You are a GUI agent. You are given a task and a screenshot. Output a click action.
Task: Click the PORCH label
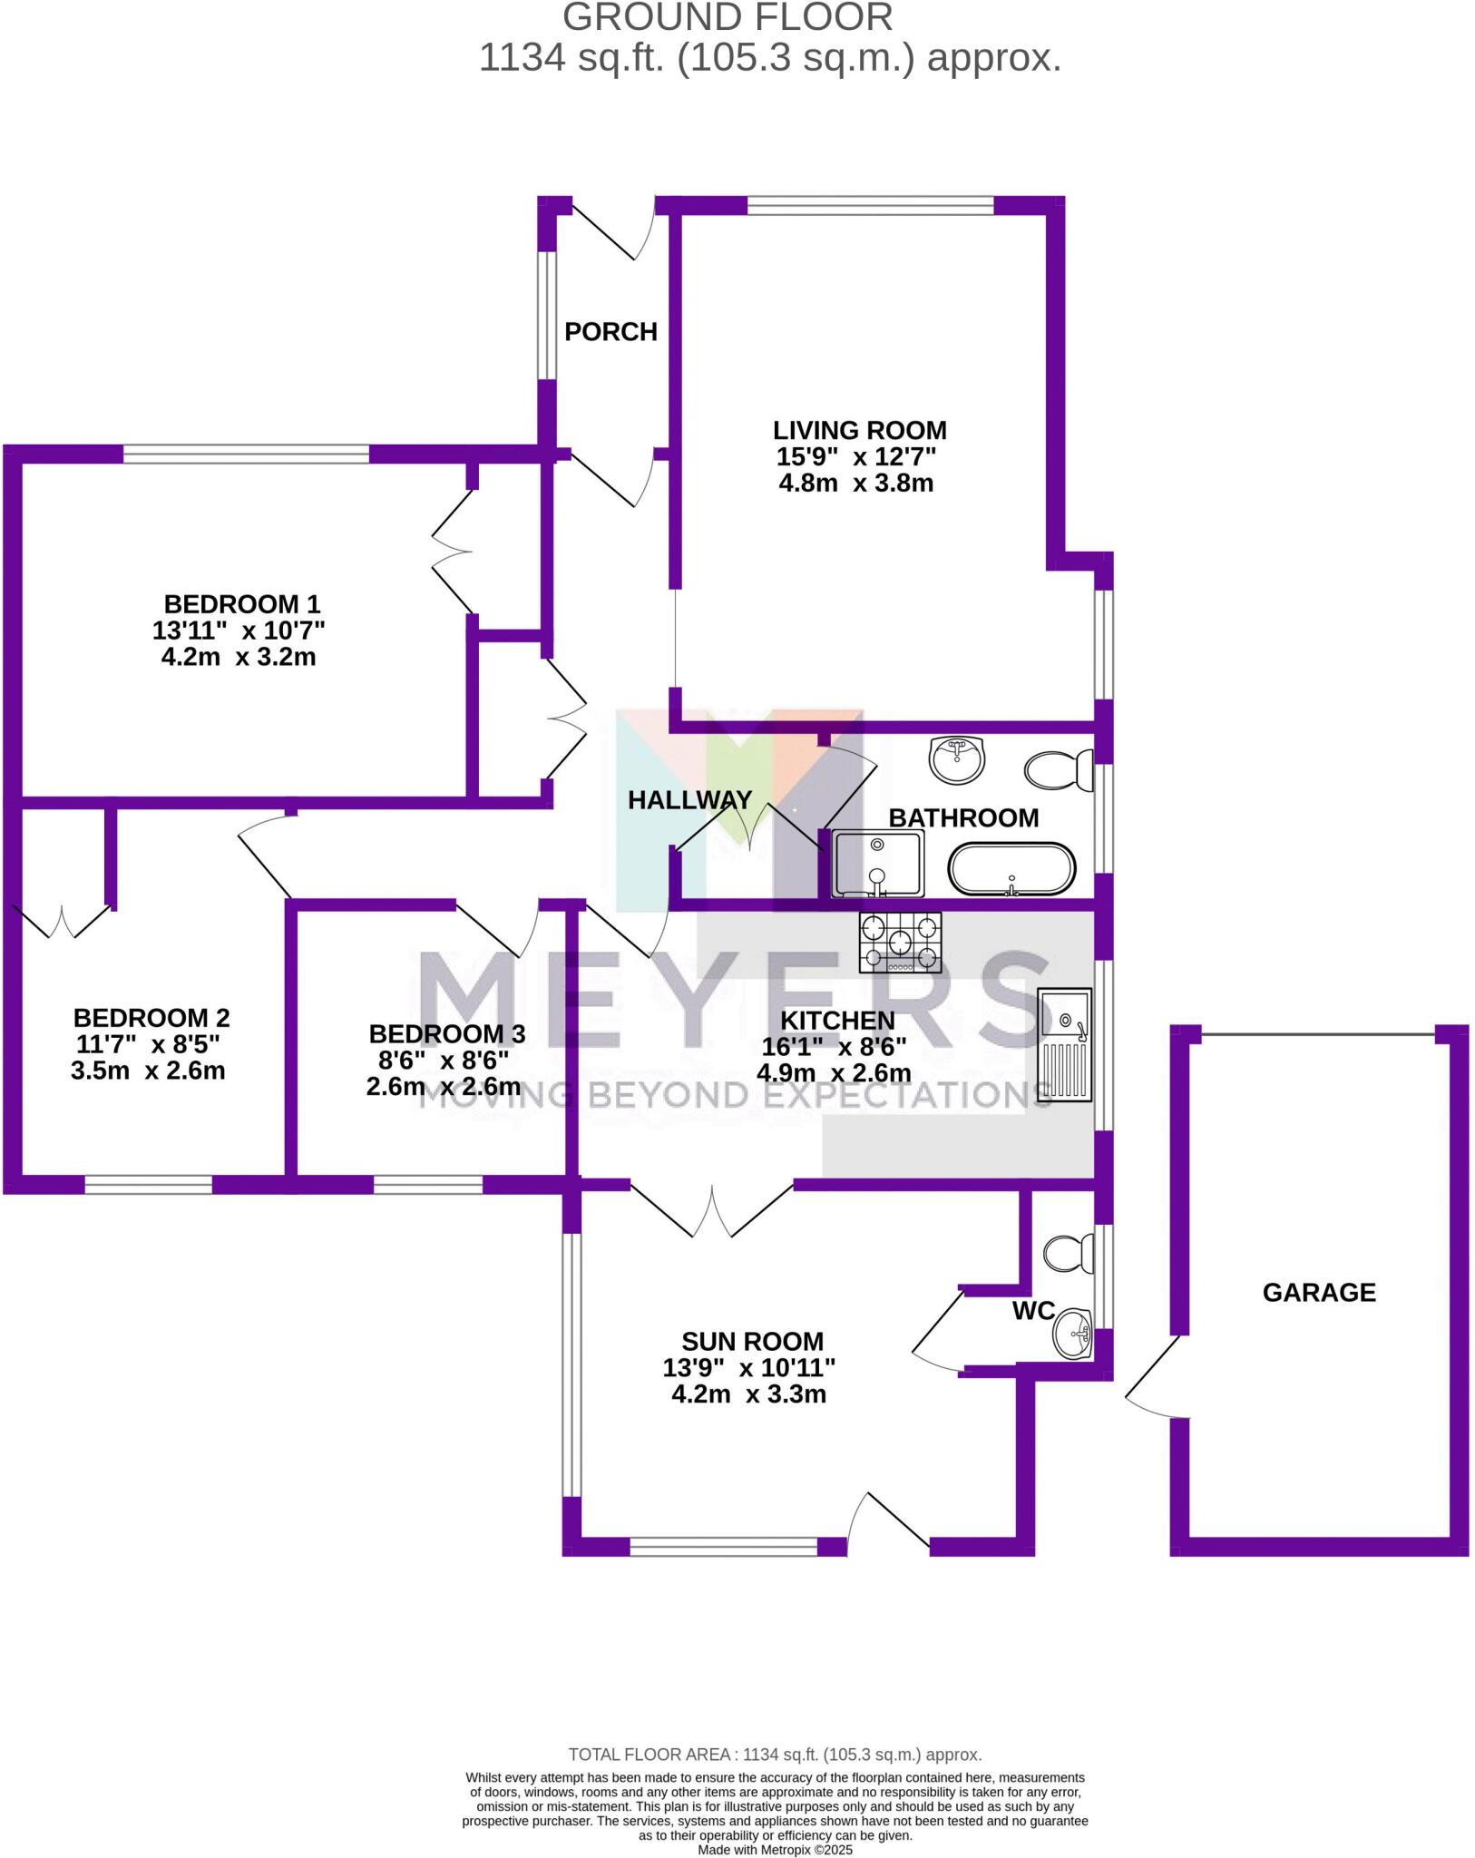point(611,332)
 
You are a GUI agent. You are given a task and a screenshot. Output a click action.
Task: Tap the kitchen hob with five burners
point(899,943)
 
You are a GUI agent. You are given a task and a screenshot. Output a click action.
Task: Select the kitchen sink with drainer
point(1065,1046)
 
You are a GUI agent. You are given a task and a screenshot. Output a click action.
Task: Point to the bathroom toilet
point(1059,770)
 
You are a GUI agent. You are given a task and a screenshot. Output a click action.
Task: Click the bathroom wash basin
point(956,758)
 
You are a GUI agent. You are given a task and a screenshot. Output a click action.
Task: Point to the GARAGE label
point(1318,1293)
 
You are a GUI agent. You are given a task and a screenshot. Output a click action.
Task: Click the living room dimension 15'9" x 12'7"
point(855,456)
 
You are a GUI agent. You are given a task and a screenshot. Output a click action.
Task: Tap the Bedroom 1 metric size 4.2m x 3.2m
point(239,657)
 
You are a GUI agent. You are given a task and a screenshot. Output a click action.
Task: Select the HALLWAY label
point(689,800)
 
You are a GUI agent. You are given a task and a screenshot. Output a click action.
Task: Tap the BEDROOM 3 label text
point(446,1033)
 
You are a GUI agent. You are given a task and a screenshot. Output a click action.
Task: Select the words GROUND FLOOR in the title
point(728,17)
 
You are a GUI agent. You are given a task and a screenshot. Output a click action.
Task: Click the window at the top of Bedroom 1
point(246,454)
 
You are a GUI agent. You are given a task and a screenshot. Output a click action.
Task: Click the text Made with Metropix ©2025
point(775,1850)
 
